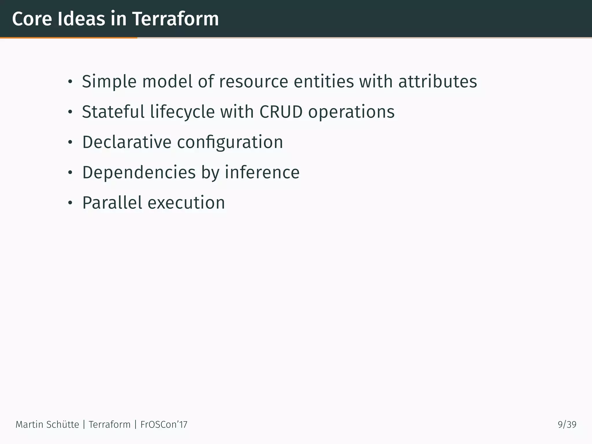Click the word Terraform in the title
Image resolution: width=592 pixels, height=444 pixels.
point(175,19)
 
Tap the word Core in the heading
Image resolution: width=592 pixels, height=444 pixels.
point(32,19)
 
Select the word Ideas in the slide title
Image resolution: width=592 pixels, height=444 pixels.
point(81,19)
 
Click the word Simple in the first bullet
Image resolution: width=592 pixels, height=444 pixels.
point(109,82)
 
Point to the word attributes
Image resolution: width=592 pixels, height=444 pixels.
point(437,82)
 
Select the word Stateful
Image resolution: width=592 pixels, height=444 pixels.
point(113,112)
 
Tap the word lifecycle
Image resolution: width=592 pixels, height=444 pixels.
point(182,112)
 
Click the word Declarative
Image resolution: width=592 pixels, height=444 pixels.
point(127,142)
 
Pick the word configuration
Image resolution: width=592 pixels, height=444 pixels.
point(230,143)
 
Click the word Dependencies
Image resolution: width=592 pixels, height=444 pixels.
point(139,173)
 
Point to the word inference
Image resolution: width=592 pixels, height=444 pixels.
point(262,173)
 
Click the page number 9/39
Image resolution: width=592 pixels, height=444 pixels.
point(567,425)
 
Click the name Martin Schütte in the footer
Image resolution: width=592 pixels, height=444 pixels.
point(47,425)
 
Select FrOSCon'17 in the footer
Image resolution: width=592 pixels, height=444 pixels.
point(164,425)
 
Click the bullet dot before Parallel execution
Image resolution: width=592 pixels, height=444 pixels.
point(70,203)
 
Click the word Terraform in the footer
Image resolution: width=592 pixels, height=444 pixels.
point(110,425)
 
